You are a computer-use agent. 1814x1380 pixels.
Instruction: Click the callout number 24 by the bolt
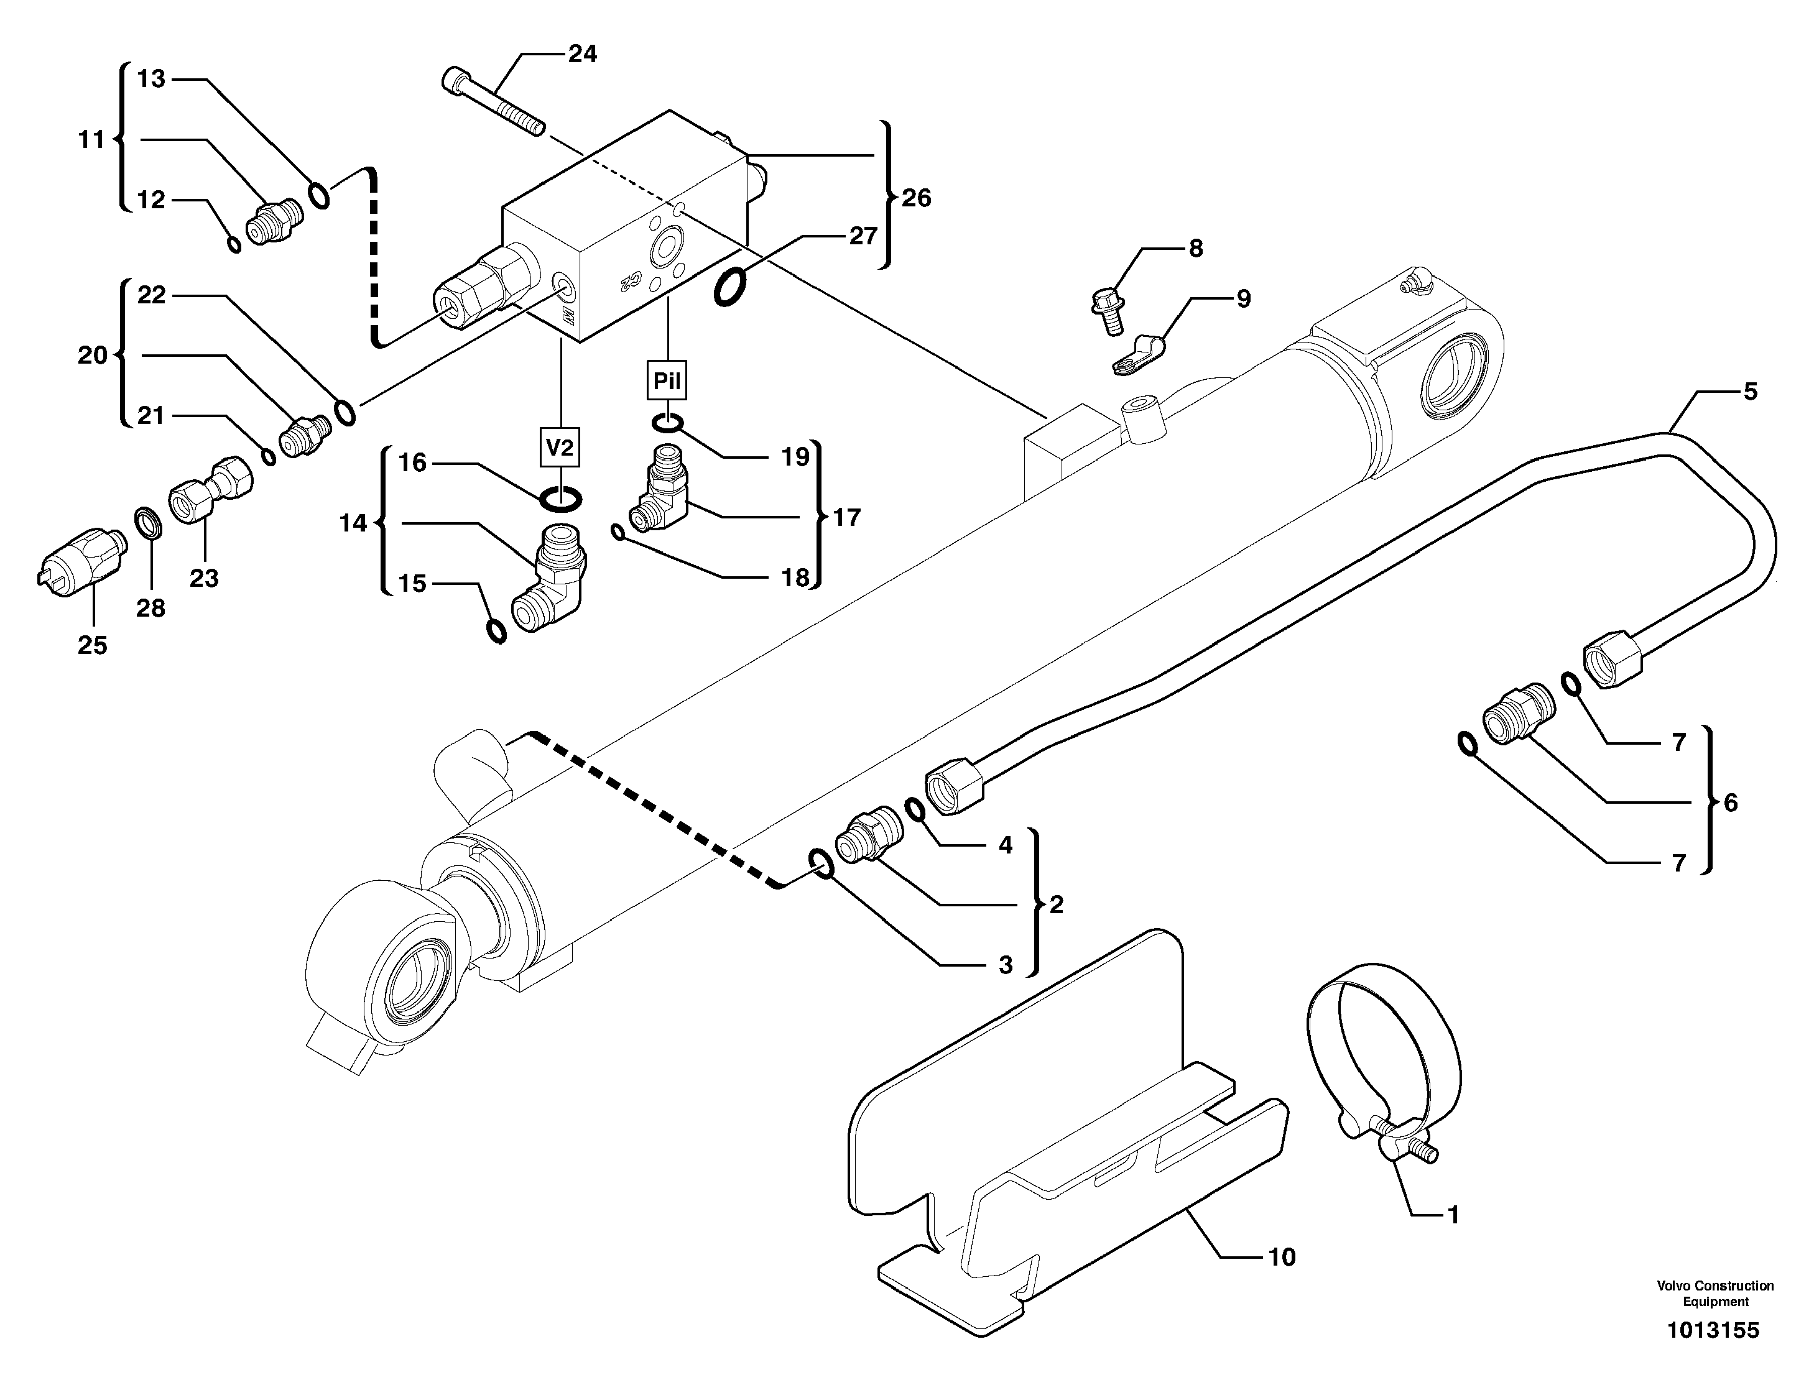(583, 54)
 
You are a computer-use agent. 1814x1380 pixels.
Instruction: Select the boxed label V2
(560, 448)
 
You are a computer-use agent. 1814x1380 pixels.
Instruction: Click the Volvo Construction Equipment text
(1715, 1293)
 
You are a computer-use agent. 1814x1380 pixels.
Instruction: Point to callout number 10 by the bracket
(1282, 1257)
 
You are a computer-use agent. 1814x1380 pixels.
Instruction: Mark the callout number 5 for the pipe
(1750, 392)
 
